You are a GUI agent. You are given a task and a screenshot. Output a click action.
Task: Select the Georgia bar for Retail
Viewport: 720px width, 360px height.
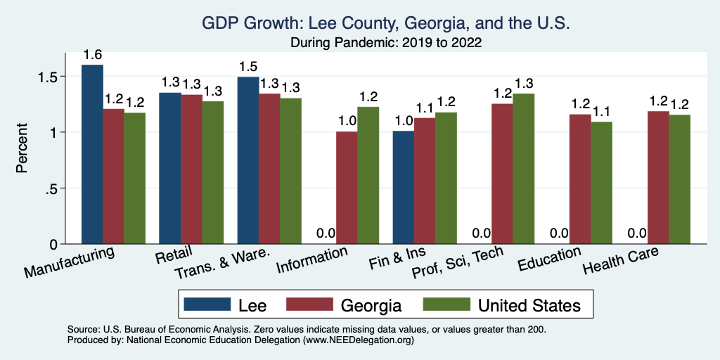tap(192, 169)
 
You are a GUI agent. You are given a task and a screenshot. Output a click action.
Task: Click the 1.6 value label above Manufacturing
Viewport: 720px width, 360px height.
tap(93, 55)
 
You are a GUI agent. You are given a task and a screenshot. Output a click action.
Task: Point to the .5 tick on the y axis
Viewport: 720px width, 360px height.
tap(62, 188)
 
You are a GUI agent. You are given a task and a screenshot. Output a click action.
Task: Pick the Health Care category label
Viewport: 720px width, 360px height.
tap(622, 263)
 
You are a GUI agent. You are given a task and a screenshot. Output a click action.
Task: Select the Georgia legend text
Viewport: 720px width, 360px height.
tap(371, 305)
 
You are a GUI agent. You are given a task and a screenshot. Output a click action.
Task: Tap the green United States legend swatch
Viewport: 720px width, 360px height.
tap(446, 305)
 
